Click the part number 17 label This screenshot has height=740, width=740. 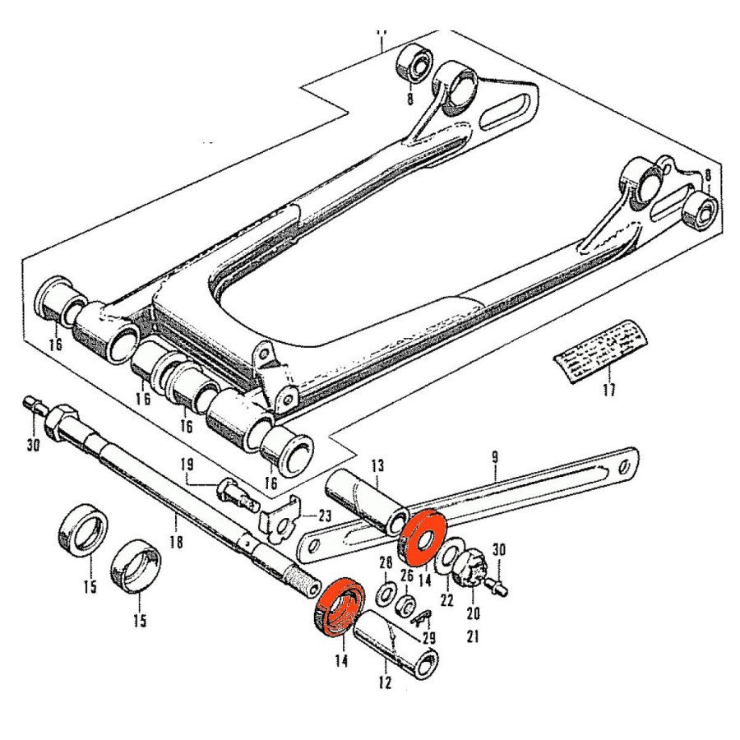point(608,391)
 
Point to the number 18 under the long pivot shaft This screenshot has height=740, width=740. point(176,543)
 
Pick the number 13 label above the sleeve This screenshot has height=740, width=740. point(377,467)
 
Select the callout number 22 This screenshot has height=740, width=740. point(446,600)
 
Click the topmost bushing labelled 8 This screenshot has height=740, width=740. point(416,62)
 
